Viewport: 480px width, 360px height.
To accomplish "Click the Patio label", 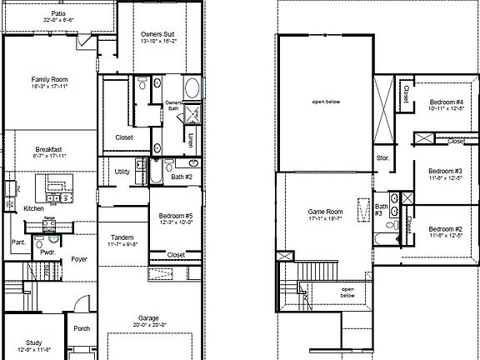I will (x=57, y=14).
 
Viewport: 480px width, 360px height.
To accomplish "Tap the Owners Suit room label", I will (x=156, y=32).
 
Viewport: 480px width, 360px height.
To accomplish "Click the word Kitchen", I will (x=33, y=207).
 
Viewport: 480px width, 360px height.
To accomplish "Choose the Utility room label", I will (x=122, y=172).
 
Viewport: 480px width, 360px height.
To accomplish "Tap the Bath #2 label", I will (x=182, y=177).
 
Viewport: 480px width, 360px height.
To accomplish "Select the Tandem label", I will (x=122, y=237).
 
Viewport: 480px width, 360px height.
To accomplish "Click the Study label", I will (x=33, y=342).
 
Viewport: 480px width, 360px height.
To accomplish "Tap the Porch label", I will (x=82, y=328).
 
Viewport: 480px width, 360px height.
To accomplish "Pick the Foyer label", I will (x=79, y=259).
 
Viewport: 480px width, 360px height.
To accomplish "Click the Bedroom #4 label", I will (x=447, y=102).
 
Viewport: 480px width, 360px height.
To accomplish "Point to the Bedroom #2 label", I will (x=446, y=229).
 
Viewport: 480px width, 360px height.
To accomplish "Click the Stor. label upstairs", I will (x=382, y=157).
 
